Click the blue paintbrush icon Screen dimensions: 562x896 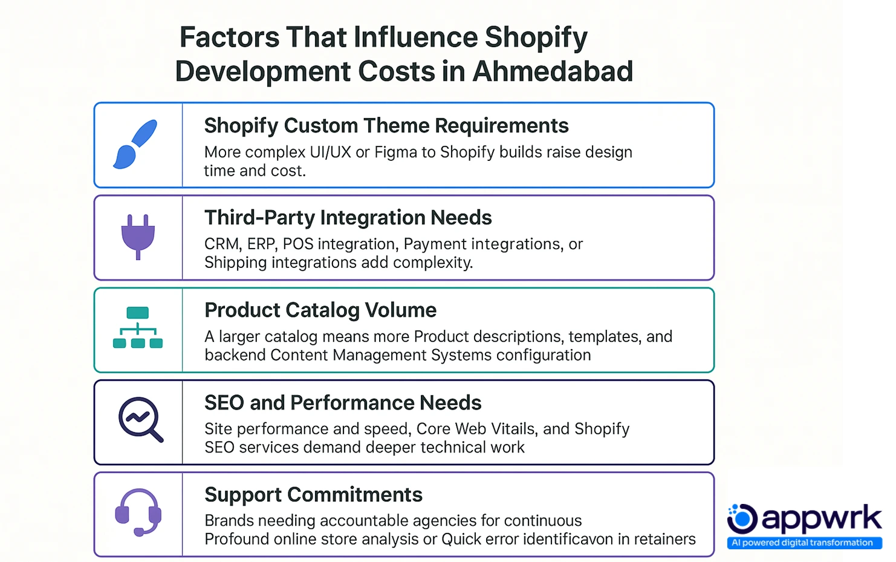tap(135, 144)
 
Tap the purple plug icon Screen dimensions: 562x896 tap(138, 237)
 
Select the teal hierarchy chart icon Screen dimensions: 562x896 tap(138, 328)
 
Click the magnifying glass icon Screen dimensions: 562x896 tap(141, 419)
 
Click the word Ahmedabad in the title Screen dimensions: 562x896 tap(553, 71)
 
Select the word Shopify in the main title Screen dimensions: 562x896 tap(536, 38)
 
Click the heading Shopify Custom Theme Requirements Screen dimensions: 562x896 tap(386, 126)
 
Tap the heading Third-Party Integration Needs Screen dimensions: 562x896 tap(348, 218)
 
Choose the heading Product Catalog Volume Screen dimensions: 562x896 tap(320, 310)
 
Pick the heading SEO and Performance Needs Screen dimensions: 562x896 tap(343, 403)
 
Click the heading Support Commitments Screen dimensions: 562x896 tap(313, 495)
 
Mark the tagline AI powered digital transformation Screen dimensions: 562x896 tap(802, 543)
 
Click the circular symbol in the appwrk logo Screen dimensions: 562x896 tap(742, 518)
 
